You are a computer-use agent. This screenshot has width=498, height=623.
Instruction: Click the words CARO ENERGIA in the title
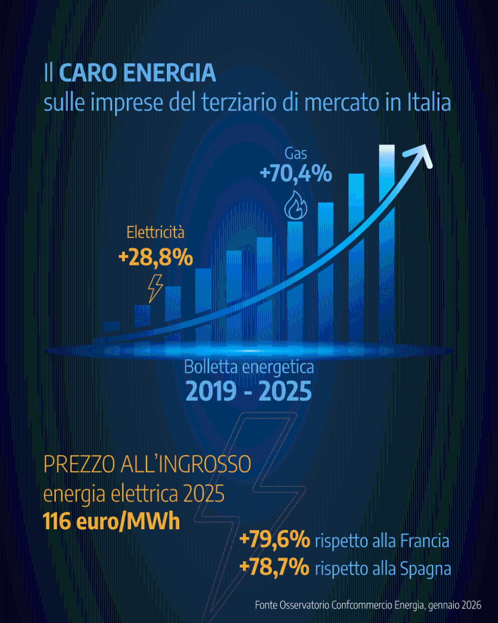[x=137, y=73]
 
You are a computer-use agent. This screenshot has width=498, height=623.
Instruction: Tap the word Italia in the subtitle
[x=429, y=103]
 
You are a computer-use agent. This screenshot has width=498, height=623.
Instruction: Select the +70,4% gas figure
[x=296, y=174]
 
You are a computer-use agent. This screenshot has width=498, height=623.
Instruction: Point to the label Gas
[x=296, y=154]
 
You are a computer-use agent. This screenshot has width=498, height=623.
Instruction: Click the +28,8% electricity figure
[x=155, y=258]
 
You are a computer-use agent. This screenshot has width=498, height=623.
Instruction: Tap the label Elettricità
[x=155, y=232]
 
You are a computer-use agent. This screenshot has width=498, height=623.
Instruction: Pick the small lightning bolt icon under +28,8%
[x=155, y=288]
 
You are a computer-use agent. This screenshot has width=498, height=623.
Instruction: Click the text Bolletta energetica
[x=249, y=367]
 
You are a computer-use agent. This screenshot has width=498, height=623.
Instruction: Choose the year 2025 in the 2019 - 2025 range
[x=285, y=391]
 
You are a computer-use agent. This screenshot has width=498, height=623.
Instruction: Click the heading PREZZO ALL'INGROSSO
[x=147, y=465]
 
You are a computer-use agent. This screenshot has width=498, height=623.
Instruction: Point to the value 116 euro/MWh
[x=111, y=522]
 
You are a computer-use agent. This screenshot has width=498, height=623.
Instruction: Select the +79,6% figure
[x=274, y=540]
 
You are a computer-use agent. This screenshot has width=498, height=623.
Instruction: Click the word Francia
[x=425, y=541]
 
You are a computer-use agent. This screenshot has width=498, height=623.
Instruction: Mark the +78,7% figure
[x=274, y=568]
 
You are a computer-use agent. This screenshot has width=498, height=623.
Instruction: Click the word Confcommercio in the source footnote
[x=361, y=605]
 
